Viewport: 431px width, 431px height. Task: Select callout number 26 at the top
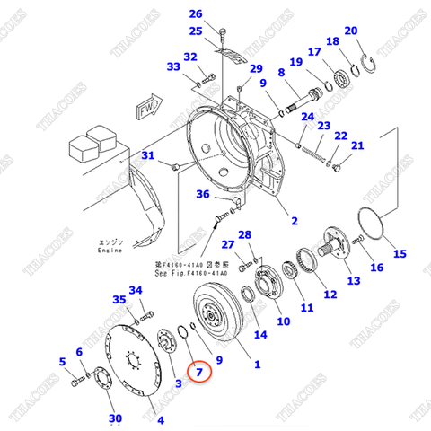pos(196,13)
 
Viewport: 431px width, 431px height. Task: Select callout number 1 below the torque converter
pos(257,365)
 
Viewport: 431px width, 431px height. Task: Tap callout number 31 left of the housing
pos(149,157)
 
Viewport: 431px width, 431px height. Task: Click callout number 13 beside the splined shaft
pos(354,281)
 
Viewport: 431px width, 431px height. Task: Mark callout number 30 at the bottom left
pos(114,418)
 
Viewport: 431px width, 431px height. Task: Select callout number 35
pos(119,300)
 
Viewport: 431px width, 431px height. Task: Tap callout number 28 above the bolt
pos(245,234)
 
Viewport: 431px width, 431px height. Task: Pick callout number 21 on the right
pos(357,146)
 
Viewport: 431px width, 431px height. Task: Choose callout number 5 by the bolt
pos(63,362)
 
